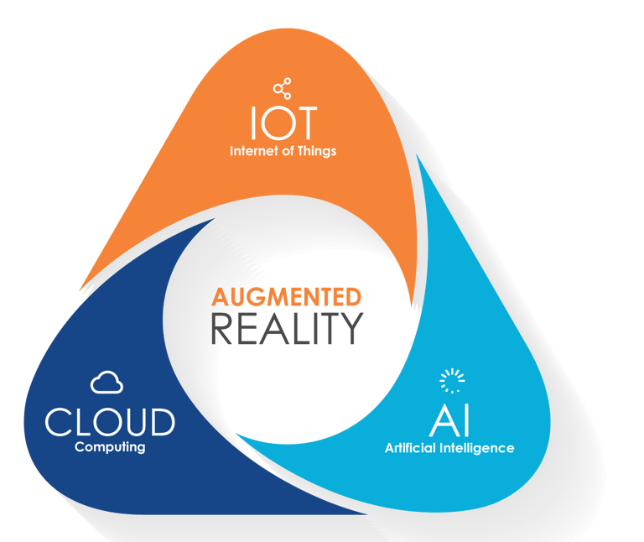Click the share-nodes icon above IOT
pos(283,88)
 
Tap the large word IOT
pos(283,124)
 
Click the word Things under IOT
pos(316,152)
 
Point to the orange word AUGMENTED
pos(287,297)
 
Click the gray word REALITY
pos(287,328)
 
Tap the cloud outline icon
pos(106,383)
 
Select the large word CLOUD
pos(110,421)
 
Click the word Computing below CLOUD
pos(110,447)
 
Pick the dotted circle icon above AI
pos(451,382)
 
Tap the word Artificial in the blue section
pos(413,448)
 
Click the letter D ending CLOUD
pos(161,421)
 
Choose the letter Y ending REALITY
pos(351,328)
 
